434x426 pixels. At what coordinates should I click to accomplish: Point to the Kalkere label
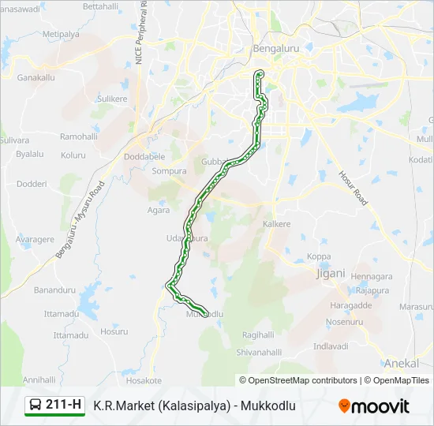[x=277, y=224]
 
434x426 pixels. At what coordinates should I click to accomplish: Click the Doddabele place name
[x=144, y=157]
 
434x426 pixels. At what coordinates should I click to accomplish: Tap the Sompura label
[x=169, y=170]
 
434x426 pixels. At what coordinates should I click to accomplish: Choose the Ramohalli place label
[x=78, y=136]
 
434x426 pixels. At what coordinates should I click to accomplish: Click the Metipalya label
[x=62, y=35]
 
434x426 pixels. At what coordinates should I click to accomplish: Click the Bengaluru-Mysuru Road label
[x=80, y=222]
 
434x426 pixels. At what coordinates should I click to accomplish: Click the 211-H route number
[x=64, y=405]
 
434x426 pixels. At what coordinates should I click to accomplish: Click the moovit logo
[x=374, y=406]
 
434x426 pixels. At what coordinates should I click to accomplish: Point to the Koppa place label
[x=319, y=256]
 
